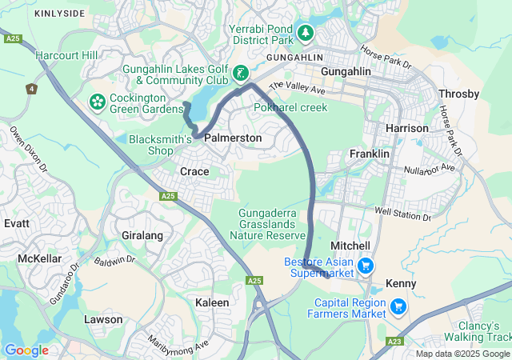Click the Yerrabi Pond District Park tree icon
click(x=305, y=33)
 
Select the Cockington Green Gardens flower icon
click(x=97, y=102)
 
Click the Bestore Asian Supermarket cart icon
click(x=366, y=265)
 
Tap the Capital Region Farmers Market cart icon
click(x=398, y=306)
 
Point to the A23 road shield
click(x=394, y=341)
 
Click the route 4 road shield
click(x=31, y=89)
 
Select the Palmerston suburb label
click(x=233, y=138)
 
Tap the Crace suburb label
click(x=194, y=171)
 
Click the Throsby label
click(x=459, y=94)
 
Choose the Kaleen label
click(x=212, y=302)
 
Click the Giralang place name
click(x=142, y=235)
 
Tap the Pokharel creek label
click(x=290, y=107)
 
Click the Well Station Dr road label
click(x=403, y=214)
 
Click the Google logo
click(x=26, y=350)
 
